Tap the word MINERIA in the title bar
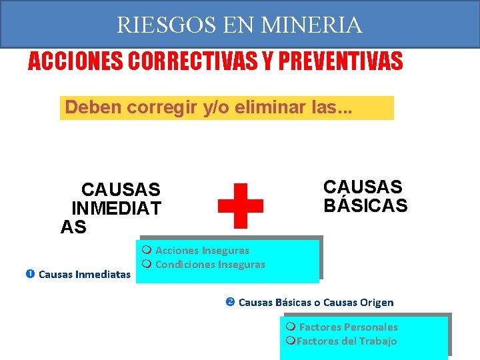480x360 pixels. point(312,25)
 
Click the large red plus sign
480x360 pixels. point(241,205)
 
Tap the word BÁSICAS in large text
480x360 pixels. point(365,206)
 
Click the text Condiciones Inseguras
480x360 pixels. point(210,265)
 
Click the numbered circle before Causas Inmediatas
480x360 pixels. point(30,274)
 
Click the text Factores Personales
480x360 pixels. point(348,327)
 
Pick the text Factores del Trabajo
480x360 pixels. point(347,341)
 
